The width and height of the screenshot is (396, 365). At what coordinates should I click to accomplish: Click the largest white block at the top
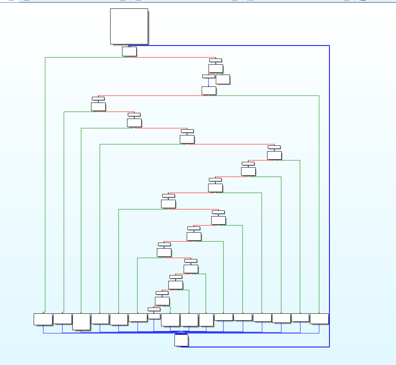point(129,26)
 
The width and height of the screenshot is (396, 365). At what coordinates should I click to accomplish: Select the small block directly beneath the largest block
point(129,51)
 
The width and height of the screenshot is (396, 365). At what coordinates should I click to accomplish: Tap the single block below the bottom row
point(181,340)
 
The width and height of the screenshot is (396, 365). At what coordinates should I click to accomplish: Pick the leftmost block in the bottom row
point(43,319)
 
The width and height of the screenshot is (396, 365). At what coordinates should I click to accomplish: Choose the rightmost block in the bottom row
point(319,318)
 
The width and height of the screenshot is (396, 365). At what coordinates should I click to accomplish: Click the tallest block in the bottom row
point(81,322)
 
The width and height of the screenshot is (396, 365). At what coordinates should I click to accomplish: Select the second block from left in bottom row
point(62,318)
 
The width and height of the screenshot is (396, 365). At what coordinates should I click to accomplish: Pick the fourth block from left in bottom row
point(100,318)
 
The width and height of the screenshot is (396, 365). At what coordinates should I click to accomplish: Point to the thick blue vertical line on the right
point(329,191)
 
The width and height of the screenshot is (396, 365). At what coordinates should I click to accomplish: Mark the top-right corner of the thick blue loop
point(329,46)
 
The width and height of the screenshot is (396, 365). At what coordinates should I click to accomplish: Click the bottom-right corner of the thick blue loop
point(329,347)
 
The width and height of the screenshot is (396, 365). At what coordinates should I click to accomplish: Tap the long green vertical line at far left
point(45,184)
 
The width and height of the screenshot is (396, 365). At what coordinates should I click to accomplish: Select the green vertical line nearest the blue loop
point(319,203)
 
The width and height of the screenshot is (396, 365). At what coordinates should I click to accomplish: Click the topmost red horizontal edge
point(172,57)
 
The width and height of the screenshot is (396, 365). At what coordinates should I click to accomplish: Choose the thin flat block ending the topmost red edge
point(215,60)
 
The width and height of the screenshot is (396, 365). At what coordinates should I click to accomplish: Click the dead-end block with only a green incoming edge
point(223,79)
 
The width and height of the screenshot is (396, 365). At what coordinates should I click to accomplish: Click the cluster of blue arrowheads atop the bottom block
point(182,332)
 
